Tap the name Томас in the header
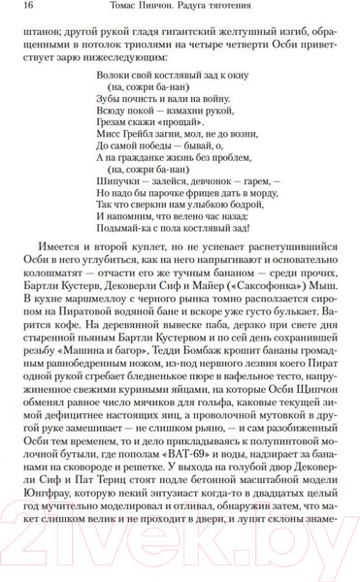tap(128, 10)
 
